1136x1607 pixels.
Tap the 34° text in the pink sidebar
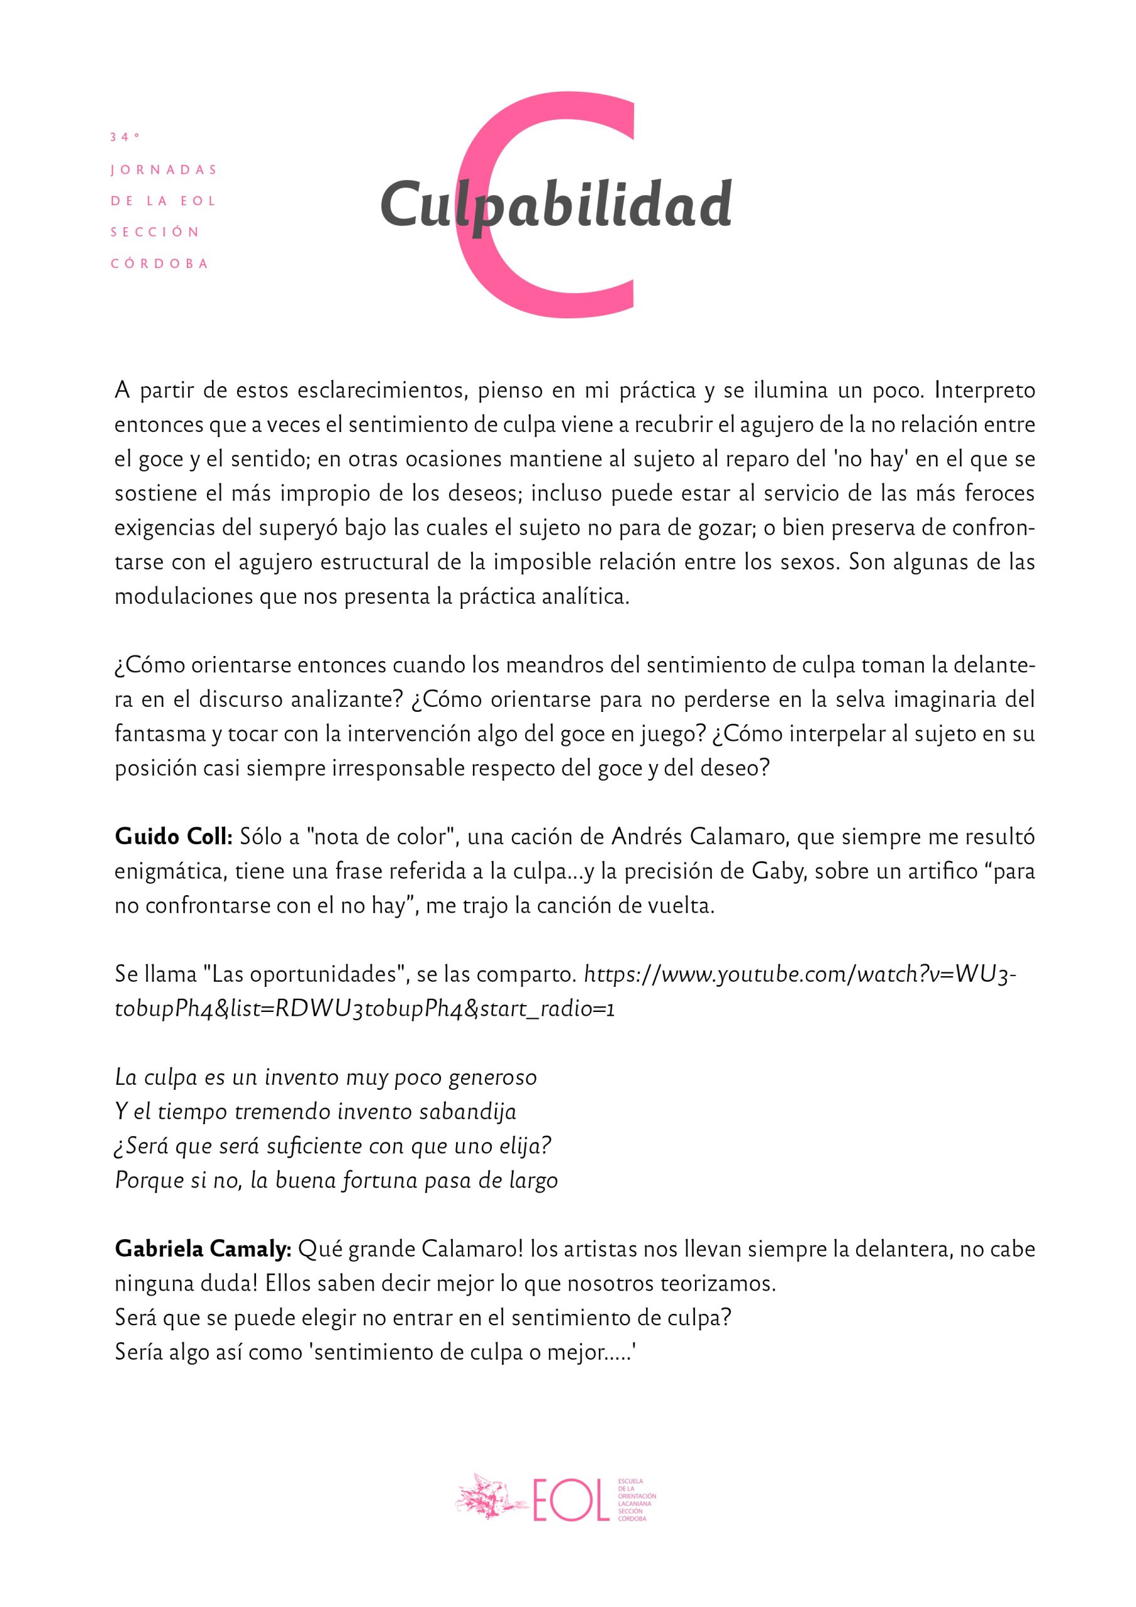124,137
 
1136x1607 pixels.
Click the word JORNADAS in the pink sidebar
164,170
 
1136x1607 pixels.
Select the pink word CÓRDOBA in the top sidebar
160,264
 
